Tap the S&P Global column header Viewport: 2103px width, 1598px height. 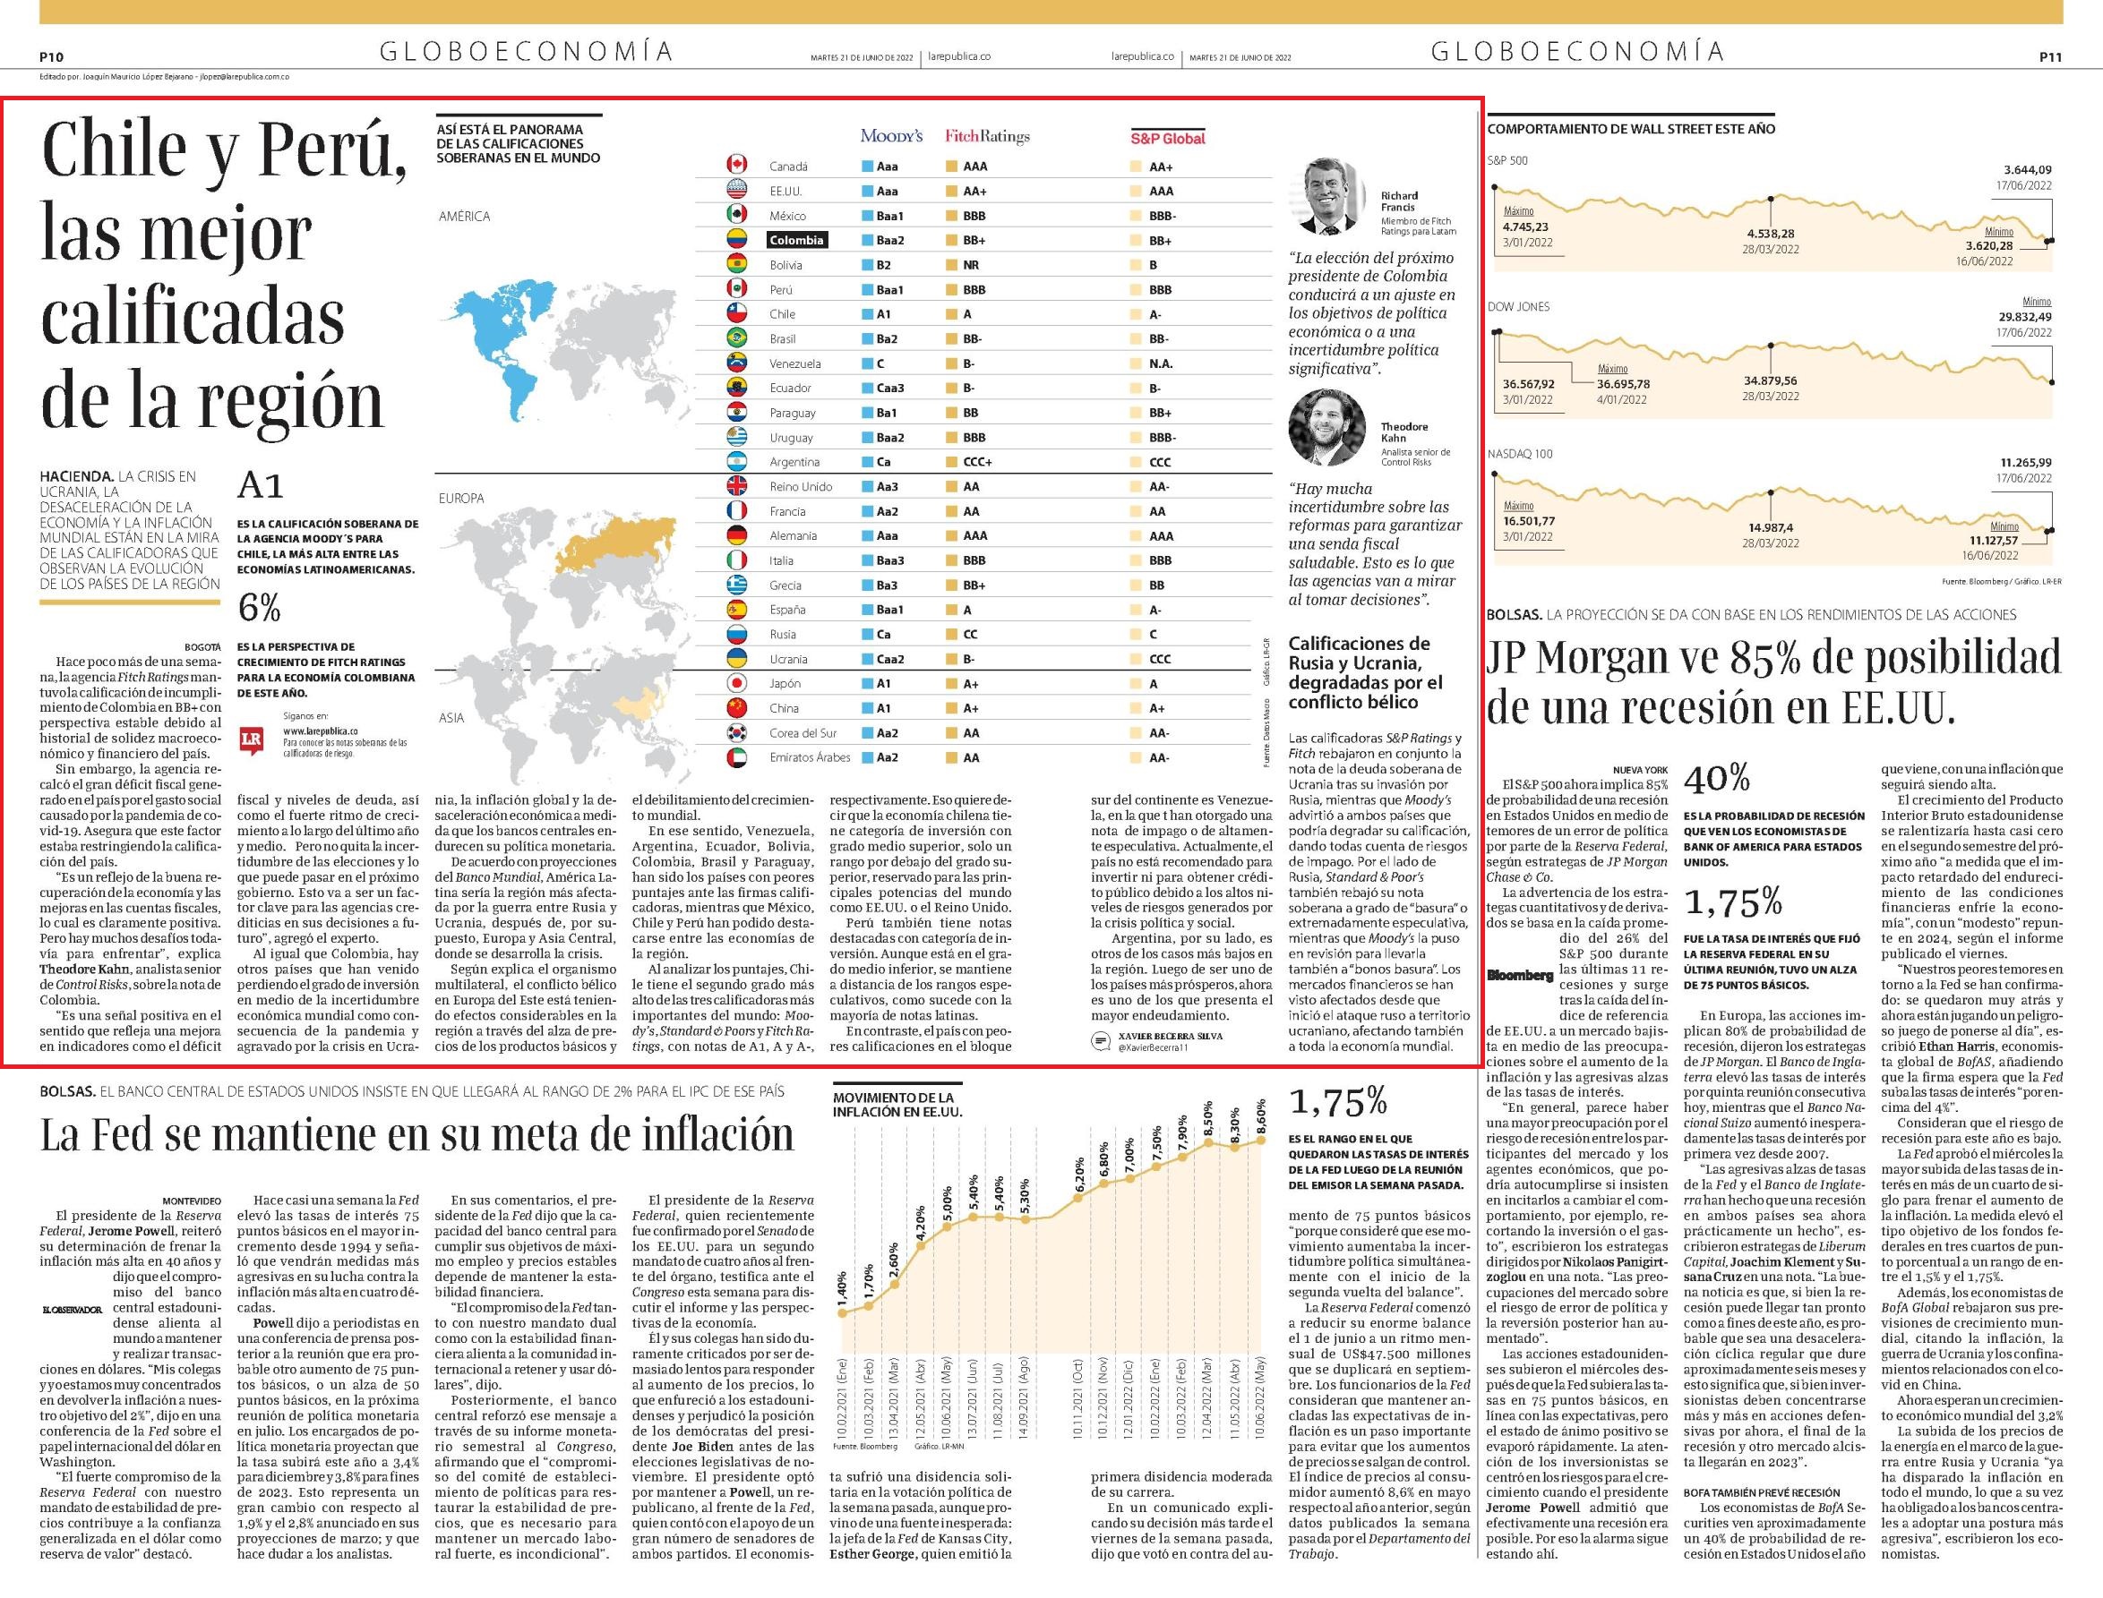(x=1168, y=138)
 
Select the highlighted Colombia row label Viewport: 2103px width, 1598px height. (x=796, y=241)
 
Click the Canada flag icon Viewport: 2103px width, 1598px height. (x=735, y=166)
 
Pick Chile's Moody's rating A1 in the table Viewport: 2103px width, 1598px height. (x=884, y=315)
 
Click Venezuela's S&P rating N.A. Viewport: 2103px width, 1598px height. (x=1161, y=363)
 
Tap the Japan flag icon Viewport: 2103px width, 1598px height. (x=735, y=683)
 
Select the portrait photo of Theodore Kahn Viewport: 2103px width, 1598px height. (x=1326, y=427)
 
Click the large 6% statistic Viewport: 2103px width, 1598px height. (x=259, y=607)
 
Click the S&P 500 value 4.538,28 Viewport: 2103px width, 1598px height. (x=1770, y=234)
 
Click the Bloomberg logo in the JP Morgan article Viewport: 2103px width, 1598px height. (x=1520, y=975)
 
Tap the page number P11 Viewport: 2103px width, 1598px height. (x=2051, y=57)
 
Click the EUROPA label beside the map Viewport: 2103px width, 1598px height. (x=461, y=499)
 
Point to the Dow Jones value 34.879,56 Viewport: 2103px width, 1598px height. (x=1770, y=381)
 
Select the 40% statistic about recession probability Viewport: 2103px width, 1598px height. (x=1717, y=779)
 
